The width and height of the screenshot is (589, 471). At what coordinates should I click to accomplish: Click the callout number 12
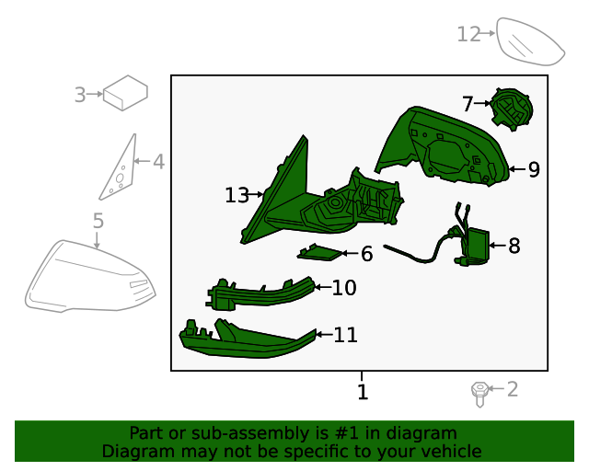click(x=468, y=34)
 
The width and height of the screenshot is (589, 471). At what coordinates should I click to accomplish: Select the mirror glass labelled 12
click(x=529, y=42)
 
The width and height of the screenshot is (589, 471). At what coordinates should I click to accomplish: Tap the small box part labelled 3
click(x=125, y=93)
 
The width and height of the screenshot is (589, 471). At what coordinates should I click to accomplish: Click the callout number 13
click(x=237, y=195)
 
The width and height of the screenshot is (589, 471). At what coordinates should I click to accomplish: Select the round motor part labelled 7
click(x=512, y=109)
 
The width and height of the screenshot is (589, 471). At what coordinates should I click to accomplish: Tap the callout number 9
click(x=534, y=169)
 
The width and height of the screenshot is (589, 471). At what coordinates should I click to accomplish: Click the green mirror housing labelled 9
click(x=444, y=146)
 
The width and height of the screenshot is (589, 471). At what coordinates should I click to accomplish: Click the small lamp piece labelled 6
click(x=319, y=253)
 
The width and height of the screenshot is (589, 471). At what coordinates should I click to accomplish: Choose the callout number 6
click(x=366, y=254)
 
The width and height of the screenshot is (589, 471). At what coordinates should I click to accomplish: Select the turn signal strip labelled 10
click(x=260, y=295)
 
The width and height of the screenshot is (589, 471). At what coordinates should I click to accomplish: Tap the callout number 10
click(x=344, y=288)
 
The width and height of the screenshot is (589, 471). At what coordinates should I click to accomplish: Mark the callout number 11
click(x=346, y=335)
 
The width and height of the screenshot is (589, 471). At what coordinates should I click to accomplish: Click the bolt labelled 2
click(x=479, y=394)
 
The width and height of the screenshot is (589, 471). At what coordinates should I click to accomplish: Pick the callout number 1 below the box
click(x=363, y=392)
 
